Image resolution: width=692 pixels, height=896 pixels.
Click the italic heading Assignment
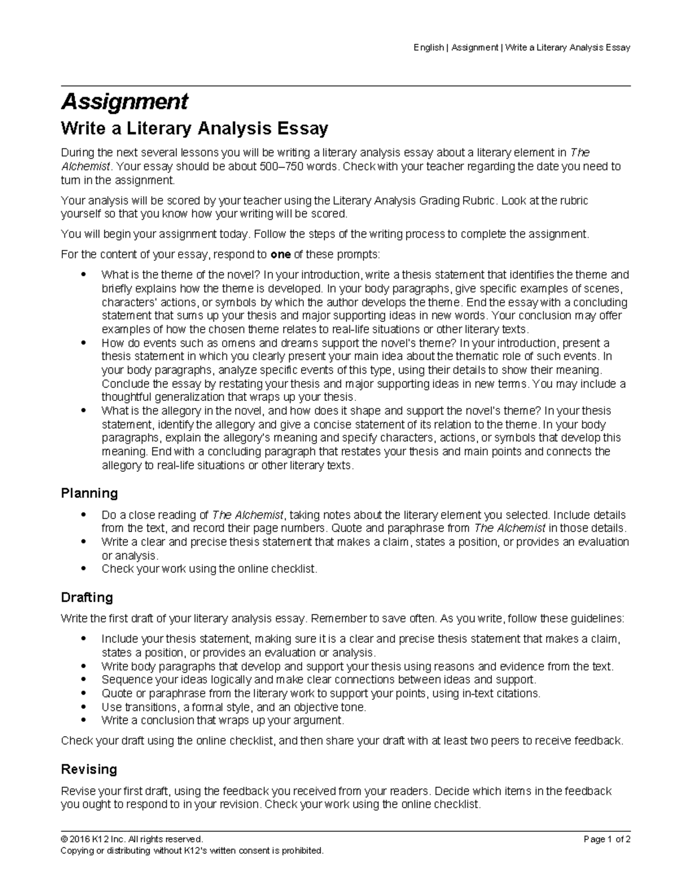pos(125,102)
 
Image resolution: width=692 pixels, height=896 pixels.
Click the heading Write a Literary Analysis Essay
pos(194,128)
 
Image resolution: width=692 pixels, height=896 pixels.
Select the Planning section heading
pos(89,493)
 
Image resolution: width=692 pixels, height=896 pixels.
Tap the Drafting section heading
pos(87,597)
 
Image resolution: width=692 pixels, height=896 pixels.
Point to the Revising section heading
pos(89,769)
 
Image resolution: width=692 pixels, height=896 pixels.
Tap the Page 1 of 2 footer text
pos(607,839)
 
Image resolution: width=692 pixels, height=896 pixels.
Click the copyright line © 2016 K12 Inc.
pos(132,839)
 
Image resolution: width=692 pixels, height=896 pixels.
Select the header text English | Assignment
pos(456,47)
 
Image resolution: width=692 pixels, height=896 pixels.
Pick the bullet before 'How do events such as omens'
pos(84,343)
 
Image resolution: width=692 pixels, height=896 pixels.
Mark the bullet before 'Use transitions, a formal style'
pos(84,707)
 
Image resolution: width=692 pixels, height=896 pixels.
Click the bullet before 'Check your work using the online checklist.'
pos(84,569)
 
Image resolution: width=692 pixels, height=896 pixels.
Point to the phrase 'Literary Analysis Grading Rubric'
pos(413,201)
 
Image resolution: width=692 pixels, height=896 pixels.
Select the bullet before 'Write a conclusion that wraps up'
pos(84,721)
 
